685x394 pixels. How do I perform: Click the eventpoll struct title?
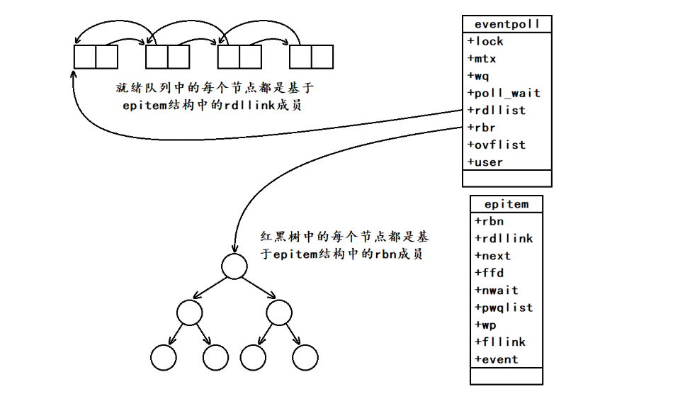point(506,24)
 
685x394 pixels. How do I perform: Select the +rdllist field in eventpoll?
point(496,111)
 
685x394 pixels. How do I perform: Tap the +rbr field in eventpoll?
point(482,128)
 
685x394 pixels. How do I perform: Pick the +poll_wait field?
point(504,93)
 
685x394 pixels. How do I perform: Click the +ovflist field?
point(496,145)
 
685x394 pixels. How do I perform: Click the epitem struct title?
point(506,204)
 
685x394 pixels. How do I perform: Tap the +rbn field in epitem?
point(489,221)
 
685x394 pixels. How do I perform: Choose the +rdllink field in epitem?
point(503,239)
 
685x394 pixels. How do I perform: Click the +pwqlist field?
point(503,308)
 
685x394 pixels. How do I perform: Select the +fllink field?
point(499,342)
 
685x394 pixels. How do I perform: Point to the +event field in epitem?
point(496,359)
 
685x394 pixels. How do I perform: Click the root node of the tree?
point(234,267)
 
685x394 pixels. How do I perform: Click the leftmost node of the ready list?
point(96,57)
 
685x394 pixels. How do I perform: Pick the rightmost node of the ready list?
point(311,57)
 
